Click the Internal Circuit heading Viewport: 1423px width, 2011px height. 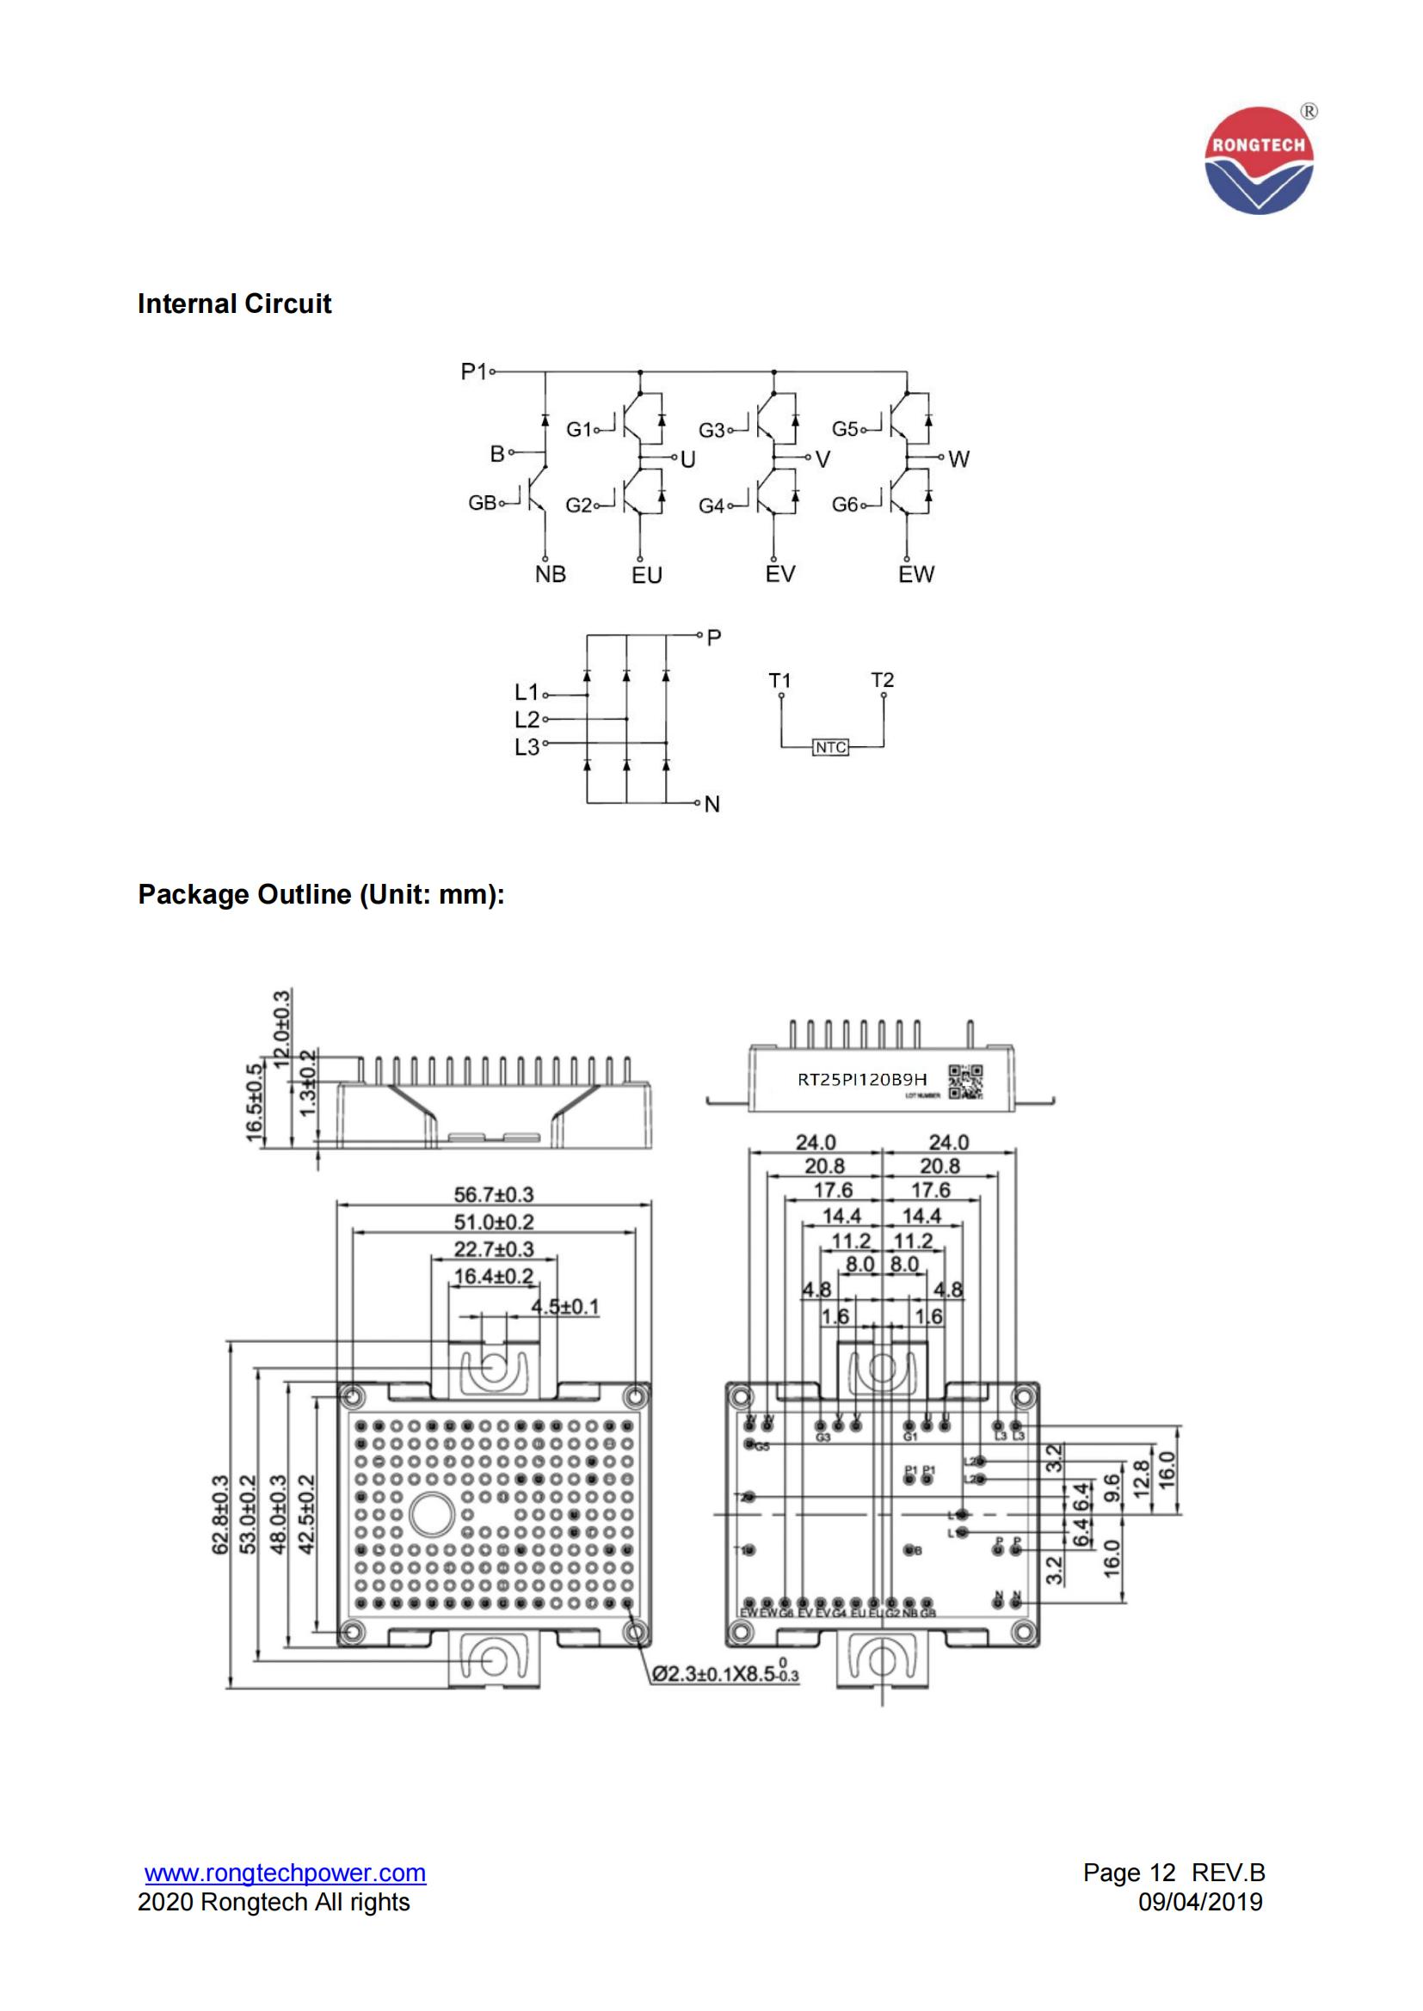tap(234, 303)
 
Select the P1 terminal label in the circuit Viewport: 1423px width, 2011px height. tap(473, 372)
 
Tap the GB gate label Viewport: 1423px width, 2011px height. tap(482, 504)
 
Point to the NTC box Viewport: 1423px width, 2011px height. tap(829, 747)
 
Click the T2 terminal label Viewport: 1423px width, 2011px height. tap(883, 680)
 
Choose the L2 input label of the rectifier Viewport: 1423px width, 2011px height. tap(527, 720)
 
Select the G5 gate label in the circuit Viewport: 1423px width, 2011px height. tap(845, 429)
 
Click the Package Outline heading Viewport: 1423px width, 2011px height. tap(321, 894)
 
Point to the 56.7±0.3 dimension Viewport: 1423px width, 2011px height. tap(493, 1195)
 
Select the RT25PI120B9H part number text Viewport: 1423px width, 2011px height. tap(861, 1080)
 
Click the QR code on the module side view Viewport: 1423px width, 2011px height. tap(965, 1082)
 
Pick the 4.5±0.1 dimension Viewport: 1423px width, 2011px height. tap(565, 1308)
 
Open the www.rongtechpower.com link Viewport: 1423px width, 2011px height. tap(286, 1873)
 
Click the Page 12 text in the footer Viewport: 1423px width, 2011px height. tap(1129, 1873)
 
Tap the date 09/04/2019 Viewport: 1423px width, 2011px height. tap(1200, 1902)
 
